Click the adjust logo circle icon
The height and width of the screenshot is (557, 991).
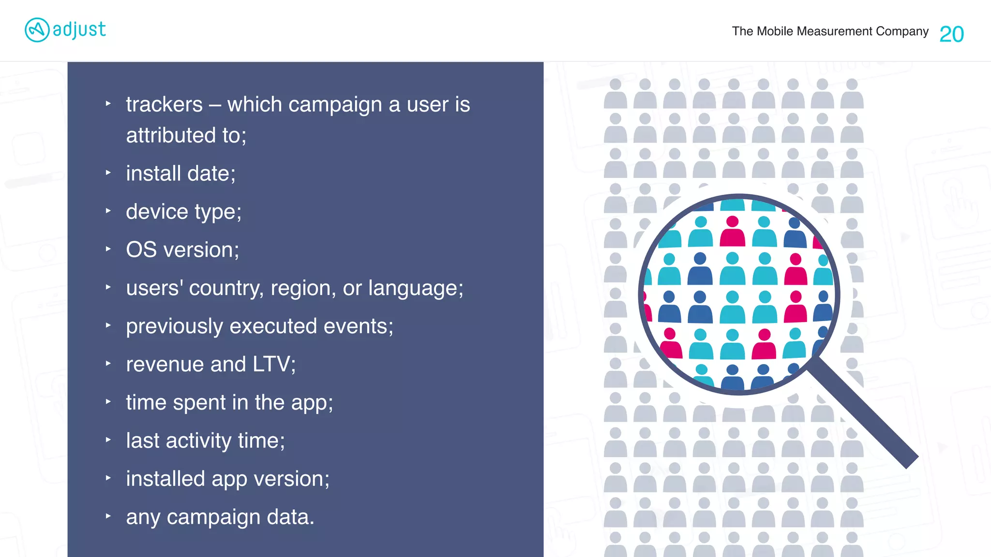pos(37,30)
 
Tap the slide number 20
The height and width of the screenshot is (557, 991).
pos(951,34)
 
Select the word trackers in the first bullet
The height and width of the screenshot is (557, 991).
pos(164,104)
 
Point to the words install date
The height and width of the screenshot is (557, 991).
pos(180,174)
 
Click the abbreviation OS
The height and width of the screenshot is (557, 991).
pos(141,250)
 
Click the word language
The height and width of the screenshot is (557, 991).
pos(415,288)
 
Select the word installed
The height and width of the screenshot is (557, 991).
pos(165,479)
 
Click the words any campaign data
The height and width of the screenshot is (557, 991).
pos(220,517)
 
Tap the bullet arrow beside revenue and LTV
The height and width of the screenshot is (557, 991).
pos(108,364)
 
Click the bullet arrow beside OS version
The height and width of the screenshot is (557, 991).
pos(108,249)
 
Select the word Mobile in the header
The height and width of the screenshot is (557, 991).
pos(775,31)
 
